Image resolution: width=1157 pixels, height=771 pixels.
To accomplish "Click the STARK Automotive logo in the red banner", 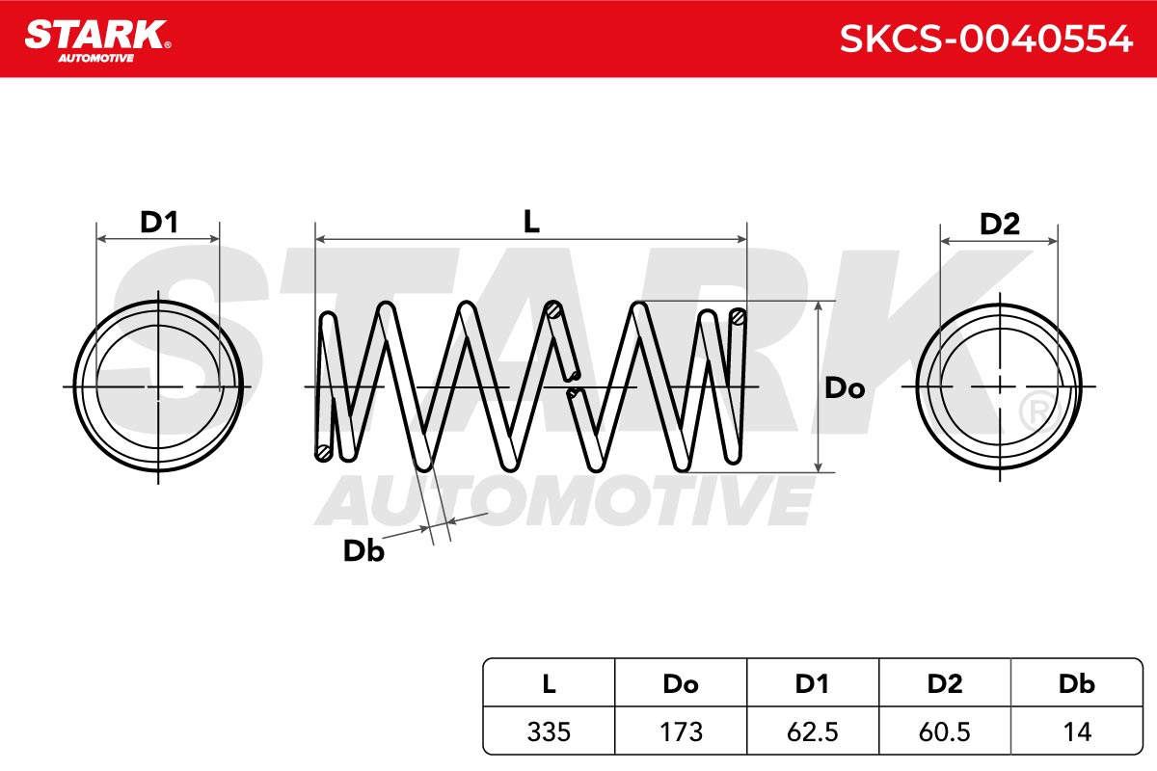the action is pyautogui.click(x=97, y=41).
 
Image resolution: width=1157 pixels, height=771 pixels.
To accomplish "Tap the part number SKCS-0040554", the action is pyautogui.click(x=986, y=39).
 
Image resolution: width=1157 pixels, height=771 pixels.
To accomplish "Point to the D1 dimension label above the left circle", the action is pyautogui.click(x=159, y=222).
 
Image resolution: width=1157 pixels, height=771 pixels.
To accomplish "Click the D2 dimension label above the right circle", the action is pyautogui.click(x=1000, y=224).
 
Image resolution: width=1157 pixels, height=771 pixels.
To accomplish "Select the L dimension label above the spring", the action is pyautogui.click(x=531, y=221).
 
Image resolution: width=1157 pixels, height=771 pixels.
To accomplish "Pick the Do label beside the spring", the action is pyautogui.click(x=845, y=387).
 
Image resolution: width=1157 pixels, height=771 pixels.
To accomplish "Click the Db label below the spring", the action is pyautogui.click(x=363, y=550).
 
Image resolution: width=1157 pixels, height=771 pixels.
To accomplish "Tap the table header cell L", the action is pyautogui.click(x=549, y=683).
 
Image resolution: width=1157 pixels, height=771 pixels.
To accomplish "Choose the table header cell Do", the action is pyautogui.click(x=681, y=683).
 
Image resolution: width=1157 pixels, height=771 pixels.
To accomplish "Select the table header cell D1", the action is pyautogui.click(x=813, y=683).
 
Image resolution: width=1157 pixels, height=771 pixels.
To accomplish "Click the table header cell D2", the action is pyautogui.click(x=945, y=683).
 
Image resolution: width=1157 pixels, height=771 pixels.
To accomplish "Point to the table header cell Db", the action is pyautogui.click(x=1077, y=683).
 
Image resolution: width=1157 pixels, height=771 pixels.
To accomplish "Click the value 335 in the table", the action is pyautogui.click(x=549, y=731).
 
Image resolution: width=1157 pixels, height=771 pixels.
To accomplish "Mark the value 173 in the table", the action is pyautogui.click(x=682, y=731).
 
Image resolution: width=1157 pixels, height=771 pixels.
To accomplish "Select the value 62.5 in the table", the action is pyautogui.click(x=813, y=731).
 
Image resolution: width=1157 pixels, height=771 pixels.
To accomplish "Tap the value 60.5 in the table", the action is pyautogui.click(x=945, y=731).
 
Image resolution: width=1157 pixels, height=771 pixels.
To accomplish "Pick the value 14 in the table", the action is pyautogui.click(x=1078, y=731).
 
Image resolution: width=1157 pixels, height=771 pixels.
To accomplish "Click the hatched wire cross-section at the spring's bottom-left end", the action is pyautogui.click(x=324, y=452).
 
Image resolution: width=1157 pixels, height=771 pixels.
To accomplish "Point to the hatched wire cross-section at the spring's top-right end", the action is pyautogui.click(x=739, y=317).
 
